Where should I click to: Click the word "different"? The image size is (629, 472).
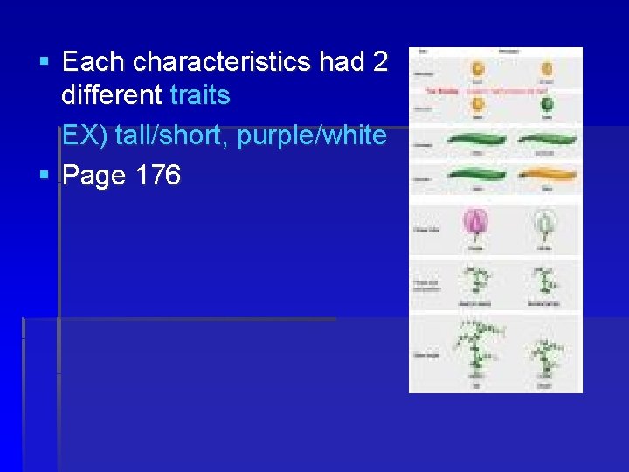point(111,94)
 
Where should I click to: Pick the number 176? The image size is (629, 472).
point(158,176)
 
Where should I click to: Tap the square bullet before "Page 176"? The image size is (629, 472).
point(45,176)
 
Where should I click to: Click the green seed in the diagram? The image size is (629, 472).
point(546,106)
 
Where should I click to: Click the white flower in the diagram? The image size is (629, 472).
point(543,225)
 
